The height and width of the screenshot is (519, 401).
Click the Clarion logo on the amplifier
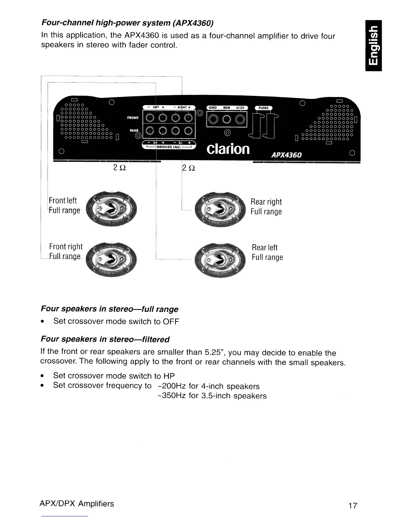point(228,149)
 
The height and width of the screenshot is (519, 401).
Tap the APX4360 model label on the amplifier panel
point(286,155)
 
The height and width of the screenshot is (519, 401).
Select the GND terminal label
point(213,107)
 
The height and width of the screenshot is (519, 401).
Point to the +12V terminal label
point(240,107)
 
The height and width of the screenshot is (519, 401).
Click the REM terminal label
point(226,107)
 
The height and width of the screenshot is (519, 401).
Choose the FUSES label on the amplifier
point(263,108)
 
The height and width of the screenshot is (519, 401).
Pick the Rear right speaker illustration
point(220,208)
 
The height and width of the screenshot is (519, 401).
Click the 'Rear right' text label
point(266,202)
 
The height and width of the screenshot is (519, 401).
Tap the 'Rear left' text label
point(264,247)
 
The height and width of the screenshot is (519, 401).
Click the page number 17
point(353,506)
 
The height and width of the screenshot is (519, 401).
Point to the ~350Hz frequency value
point(171,395)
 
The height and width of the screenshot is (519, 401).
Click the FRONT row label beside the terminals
point(133,118)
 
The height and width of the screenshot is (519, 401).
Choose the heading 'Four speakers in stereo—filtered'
point(105,339)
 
